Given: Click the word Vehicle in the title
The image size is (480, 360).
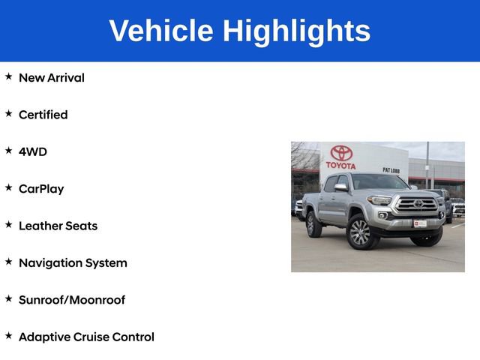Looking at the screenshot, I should tap(160, 31).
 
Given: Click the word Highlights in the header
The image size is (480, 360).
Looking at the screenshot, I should tap(296, 31).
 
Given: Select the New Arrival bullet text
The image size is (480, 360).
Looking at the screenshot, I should tap(51, 77).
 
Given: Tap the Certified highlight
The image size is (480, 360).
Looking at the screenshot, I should tap(43, 115).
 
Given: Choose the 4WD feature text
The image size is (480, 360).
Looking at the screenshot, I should tap(32, 151).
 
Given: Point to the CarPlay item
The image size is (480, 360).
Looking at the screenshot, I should tap(41, 189).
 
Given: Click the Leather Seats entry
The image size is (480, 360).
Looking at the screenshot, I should tap(58, 226).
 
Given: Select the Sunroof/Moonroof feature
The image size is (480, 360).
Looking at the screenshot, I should tap(71, 300).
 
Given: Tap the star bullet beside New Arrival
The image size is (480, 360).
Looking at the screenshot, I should tap(8, 76).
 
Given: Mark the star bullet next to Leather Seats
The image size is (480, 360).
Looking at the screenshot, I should tap(8, 225).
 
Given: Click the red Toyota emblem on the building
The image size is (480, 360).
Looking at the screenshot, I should tap(341, 152).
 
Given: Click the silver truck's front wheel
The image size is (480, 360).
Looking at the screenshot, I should tap(359, 232).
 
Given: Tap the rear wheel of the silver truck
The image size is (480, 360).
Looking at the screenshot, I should tap(314, 224).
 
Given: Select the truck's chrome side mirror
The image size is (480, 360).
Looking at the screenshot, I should tap(341, 187).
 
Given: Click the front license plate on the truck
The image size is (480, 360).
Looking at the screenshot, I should tap(421, 223).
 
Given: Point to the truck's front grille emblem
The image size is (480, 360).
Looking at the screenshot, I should tap(418, 203).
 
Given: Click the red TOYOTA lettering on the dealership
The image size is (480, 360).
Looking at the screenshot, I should tap(341, 165).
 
